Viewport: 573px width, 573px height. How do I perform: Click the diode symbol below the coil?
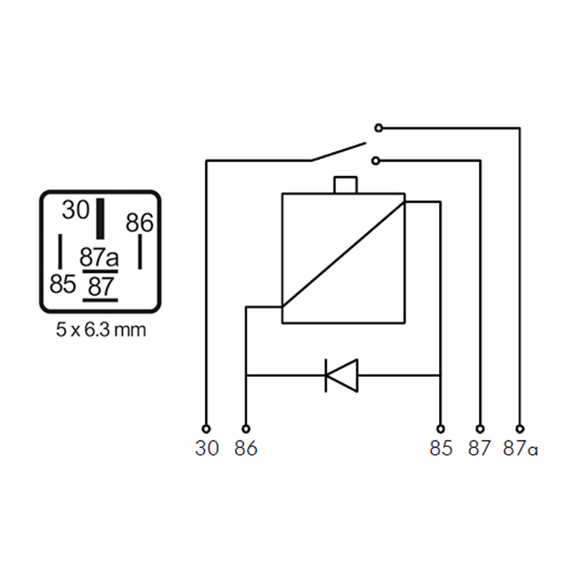coord(342,375)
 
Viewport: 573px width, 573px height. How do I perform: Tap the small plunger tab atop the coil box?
coord(345,185)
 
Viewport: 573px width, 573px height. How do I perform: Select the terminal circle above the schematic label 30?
coord(206,428)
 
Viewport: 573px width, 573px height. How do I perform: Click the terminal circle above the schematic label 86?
coord(246,428)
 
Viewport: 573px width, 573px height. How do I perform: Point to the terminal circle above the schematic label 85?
coord(440,428)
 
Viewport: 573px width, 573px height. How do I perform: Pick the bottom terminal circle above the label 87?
coord(481,428)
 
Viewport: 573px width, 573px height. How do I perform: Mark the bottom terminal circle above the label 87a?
coord(520,428)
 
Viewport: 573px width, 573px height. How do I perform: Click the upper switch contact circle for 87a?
coord(379,128)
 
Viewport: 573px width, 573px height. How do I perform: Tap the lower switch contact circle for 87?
coord(375,160)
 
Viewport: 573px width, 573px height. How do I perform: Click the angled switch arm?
coord(338,152)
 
